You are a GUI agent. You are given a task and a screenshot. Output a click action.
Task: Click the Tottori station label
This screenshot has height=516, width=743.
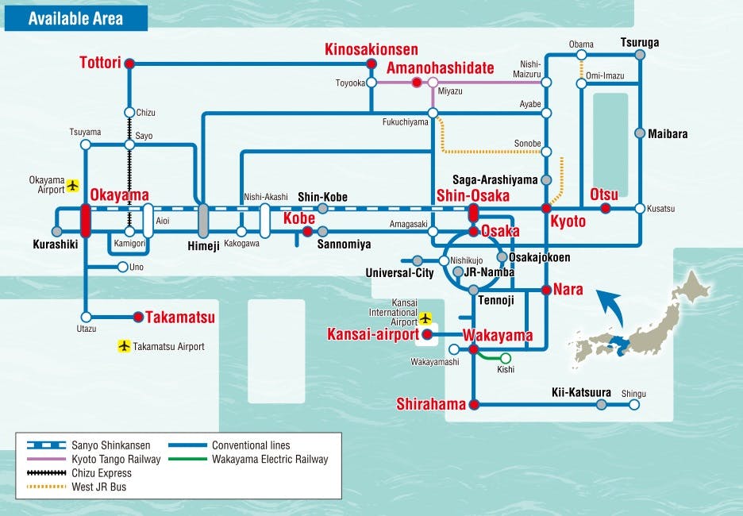point(100,63)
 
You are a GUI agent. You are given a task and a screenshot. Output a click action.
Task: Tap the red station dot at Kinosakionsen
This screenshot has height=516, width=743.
point(370,64)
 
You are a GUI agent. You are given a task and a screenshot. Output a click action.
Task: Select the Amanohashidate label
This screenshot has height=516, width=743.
point(440,68)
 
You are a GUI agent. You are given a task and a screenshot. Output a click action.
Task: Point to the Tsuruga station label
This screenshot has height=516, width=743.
point(640,43)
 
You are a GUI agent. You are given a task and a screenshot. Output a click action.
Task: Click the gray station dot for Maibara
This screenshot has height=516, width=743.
point(639,133)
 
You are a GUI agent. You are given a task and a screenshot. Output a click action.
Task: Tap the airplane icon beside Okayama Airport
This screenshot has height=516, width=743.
point(74,185)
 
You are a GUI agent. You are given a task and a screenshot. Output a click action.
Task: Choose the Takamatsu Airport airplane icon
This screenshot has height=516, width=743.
point(123,346)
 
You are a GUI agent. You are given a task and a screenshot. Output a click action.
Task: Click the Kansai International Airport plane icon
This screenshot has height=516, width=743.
point(425,318)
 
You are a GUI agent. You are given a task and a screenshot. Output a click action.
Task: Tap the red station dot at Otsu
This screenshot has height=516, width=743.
point(606,208)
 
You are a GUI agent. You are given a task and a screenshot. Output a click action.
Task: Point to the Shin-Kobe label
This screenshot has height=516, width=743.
point(322,197)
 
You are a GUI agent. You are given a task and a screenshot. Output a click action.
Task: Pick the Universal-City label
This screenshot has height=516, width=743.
point(399,273)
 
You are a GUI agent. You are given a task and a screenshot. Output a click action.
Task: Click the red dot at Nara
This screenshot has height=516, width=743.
point(546,290)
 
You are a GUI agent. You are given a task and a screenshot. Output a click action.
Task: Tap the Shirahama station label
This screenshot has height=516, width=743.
point(431,405)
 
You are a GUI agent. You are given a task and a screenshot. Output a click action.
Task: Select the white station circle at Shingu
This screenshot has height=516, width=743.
point(633,405)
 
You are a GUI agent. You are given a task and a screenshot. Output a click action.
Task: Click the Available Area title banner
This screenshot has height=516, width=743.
point(76,17)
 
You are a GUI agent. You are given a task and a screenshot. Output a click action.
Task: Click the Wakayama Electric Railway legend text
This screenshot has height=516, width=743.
point(270,459)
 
